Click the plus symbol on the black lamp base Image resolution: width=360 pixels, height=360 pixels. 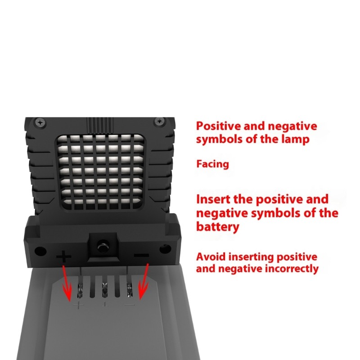[x=64, y=257]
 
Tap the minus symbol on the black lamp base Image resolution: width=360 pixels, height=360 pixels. [x=141, y=256]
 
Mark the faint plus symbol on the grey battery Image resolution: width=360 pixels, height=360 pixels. [x=79, y=305]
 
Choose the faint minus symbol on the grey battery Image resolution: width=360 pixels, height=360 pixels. [x=130, y=305]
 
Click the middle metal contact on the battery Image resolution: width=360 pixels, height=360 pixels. [x=104, y=289]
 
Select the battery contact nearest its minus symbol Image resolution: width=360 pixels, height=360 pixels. [x=129, y=289]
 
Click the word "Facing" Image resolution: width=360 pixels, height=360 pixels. [x=212, y=164]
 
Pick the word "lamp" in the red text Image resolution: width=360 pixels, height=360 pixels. [x=297, y=139]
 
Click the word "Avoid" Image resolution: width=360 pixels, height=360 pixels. [x=211, y=257]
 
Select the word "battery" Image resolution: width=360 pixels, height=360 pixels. [x=218, y=227]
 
